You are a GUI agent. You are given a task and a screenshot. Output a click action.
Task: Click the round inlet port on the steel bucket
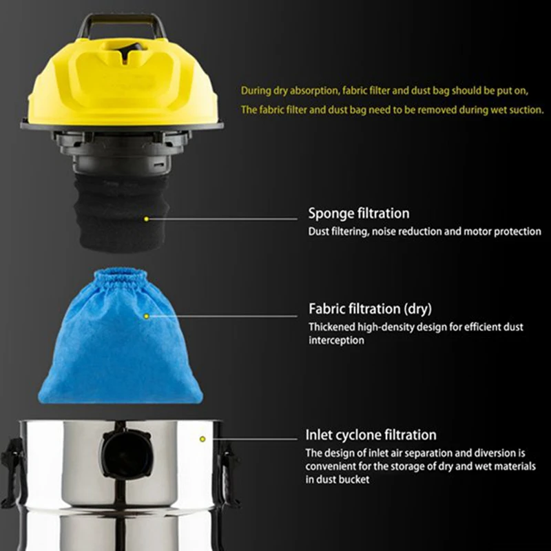[123, 451]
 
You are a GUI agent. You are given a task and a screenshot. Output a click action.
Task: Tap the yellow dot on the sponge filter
[146, 219]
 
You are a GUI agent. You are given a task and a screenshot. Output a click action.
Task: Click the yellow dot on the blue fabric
[146, 316]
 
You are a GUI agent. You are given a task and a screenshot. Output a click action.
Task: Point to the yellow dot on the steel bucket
[202, 438]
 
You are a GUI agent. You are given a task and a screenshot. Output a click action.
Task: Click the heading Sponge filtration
[358, 214]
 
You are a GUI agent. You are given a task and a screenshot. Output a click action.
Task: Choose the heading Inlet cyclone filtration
[371, 435]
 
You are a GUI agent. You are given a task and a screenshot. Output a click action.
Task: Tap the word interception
[335, 340]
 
